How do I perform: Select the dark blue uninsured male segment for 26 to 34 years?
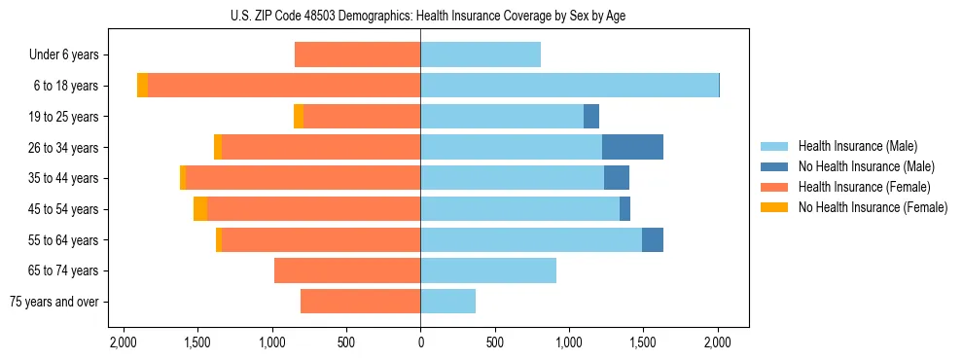point(632,147)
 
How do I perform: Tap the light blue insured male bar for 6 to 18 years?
point(569,86)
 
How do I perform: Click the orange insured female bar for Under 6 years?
point(357,54)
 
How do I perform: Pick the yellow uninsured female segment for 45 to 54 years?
point(200,209)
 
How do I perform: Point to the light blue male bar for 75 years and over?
point(447,302)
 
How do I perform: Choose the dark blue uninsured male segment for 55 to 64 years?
point(653,239)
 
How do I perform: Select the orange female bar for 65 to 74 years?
point(347,270)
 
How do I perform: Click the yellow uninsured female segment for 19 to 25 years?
point(299,117)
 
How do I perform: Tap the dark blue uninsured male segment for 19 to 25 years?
point(591,117)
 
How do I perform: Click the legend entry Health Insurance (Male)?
point(856,146)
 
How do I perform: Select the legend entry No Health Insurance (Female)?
point(873,207)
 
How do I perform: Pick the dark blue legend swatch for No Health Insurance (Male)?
point(774,166)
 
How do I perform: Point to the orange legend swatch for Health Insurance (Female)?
point(774,187)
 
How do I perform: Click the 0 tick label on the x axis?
point(420,342)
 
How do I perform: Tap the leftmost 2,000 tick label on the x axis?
point(123,342)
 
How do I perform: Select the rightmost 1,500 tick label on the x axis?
point(643,342)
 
